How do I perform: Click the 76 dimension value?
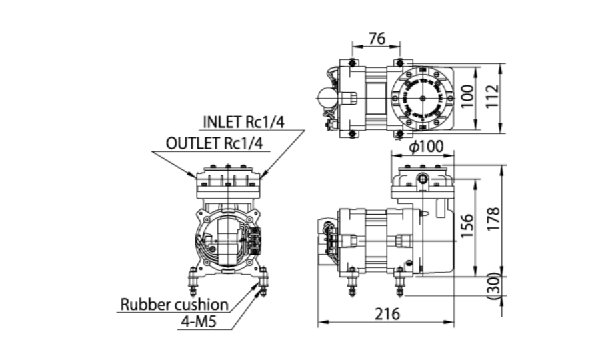point(377,39)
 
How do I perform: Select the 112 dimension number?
point(511,97)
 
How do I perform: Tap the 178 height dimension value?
point(511,219)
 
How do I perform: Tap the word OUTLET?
point(193,143)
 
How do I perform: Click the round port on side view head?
point(422,179)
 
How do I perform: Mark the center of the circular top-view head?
point(422,97)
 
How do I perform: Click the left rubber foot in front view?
point(193,280)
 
